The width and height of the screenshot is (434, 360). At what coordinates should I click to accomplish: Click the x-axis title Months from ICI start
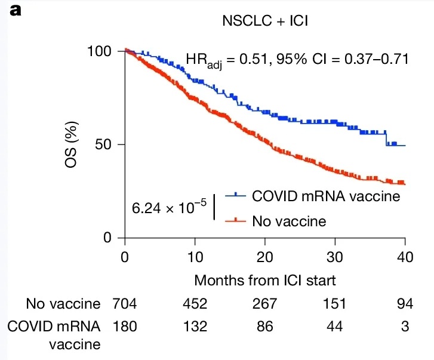[x=264, y=279]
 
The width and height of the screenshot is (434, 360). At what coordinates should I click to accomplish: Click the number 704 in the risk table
[x=124, y=304]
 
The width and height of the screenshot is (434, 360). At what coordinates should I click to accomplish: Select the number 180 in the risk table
[x=124, y=327]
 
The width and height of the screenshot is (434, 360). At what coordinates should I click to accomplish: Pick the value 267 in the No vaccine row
[x=264, y=304]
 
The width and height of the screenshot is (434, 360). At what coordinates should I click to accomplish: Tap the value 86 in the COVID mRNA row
[x=264, y=327]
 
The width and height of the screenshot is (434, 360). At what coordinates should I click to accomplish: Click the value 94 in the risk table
[x=405, y=304]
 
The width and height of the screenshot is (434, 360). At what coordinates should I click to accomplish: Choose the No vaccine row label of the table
[x=63, y=304]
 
